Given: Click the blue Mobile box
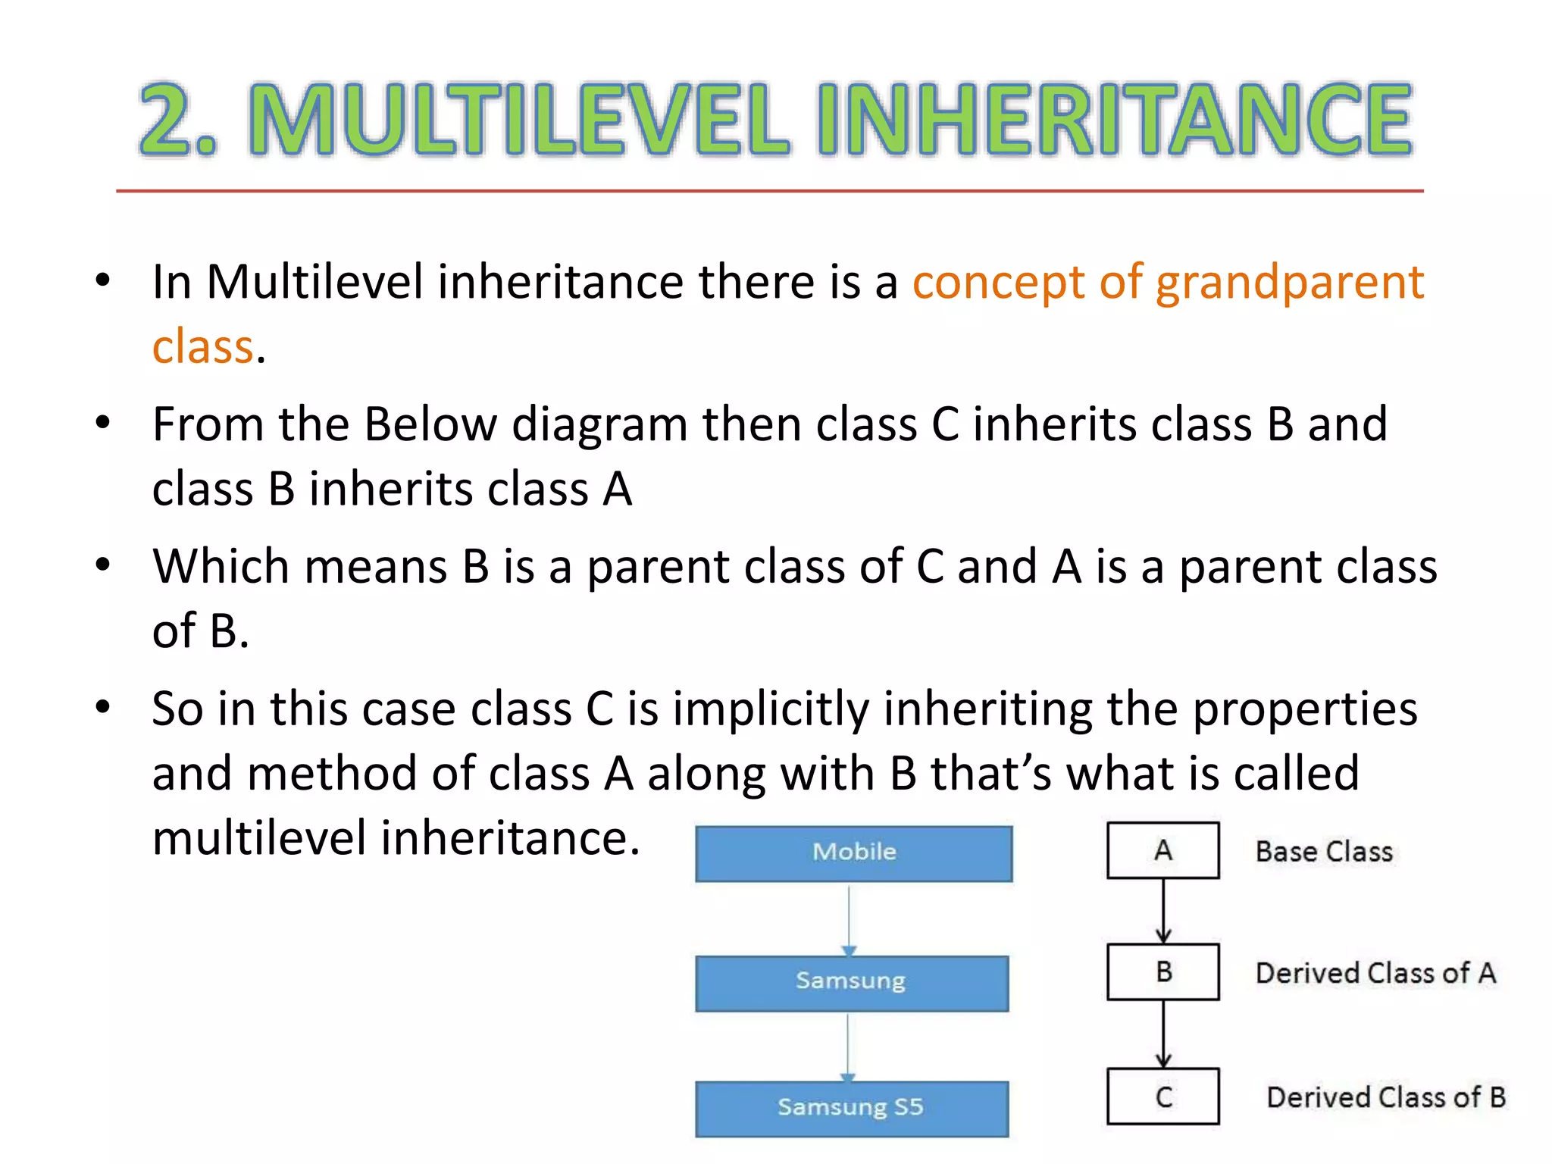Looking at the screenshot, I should pyautogui.click(x=854, y=853).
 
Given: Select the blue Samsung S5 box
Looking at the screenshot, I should pyautogui.click(x=852, y=1108).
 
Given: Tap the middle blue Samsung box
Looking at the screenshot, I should pyautogui.click(x=852, y=983).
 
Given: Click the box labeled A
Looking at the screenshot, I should pyautogui.click(x=1163, y=850).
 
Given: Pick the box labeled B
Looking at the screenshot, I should pyautogui.click(x=1163, y=972).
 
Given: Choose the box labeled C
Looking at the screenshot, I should pyautogui.click(x=1163, y=1097).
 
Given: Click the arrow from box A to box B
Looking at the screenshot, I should pyautogui.click(x=1164, y=911).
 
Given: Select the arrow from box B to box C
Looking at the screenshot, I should pyautogui.click(x=1164, y=1034).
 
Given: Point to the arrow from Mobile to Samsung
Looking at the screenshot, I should pyautogui.click(x=849, y=918).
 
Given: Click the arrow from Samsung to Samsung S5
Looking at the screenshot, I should pyautogui.click(x=848, y=1046).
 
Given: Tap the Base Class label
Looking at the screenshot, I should pyautogui.click(x=1324, y=852).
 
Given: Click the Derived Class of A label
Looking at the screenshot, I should pyautogui.click(x=1375, y=973).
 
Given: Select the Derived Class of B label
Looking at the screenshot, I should pyautogui.click(x=1386, y=1097).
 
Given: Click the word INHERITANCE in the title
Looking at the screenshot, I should pyautogui.click(x=1114, y=120).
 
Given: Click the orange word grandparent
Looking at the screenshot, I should pyautogui.click(x=1290, y=283).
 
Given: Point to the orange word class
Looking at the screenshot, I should pyautogui.click(x=202, y=347).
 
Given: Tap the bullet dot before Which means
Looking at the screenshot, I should pyautogui.click(x=103, y=565).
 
